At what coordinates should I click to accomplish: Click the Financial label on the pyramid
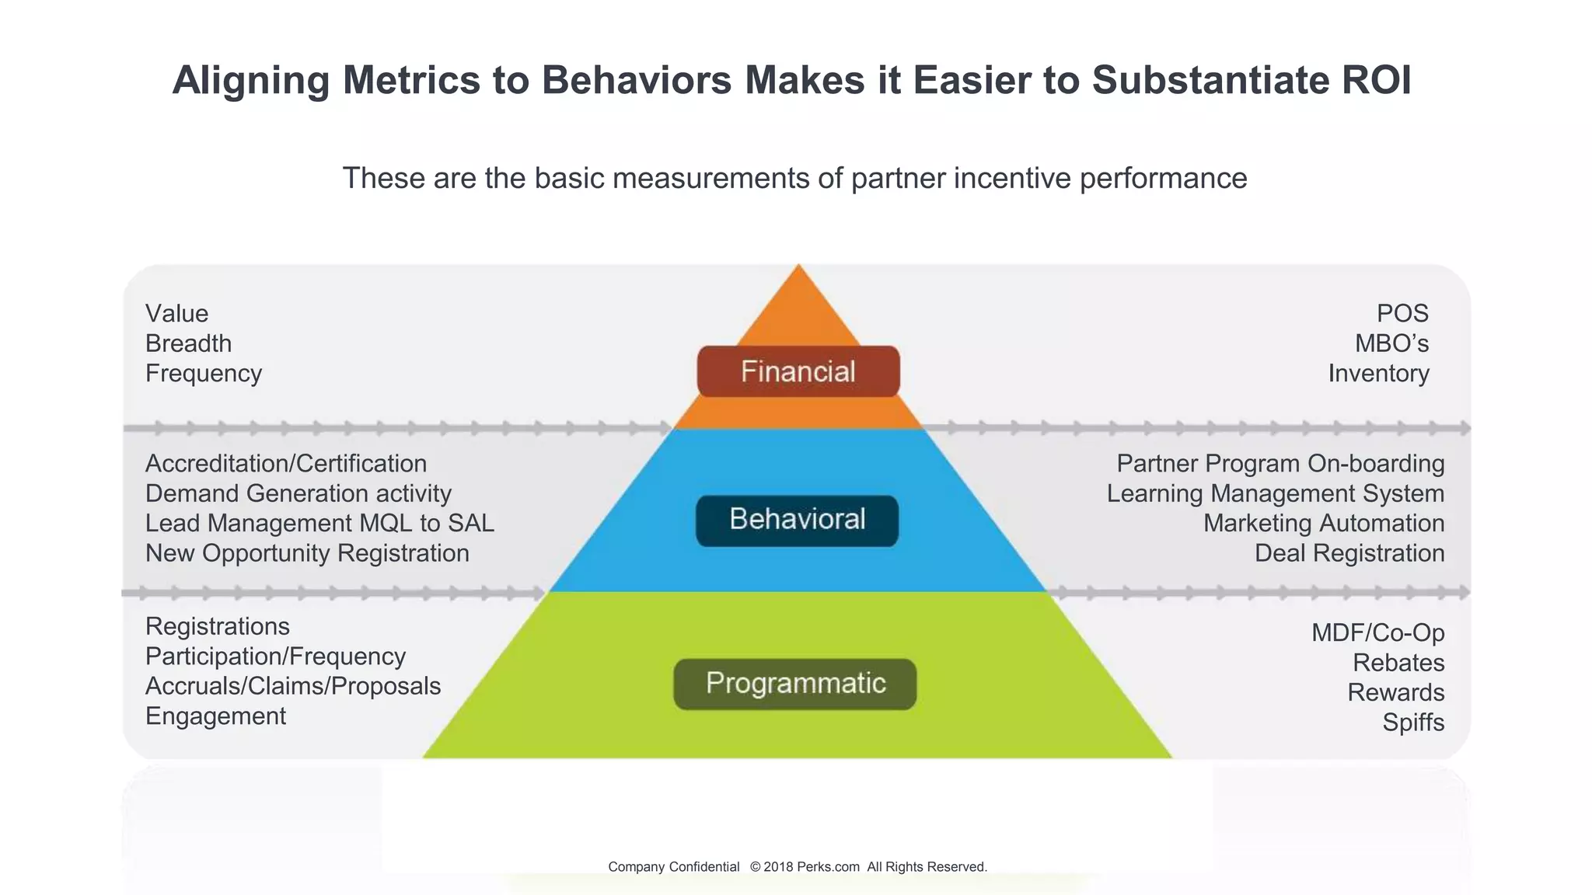[798, 371]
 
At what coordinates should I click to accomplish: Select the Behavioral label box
[797, 520]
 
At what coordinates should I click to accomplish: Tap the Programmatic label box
[794, 684]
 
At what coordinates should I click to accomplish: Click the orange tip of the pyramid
[798, 307]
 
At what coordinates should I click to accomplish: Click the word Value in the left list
[176, 313]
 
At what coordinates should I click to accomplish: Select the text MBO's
[1391, 343]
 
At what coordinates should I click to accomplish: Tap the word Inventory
[1378, 373]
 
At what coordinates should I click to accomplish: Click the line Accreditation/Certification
[285, 464]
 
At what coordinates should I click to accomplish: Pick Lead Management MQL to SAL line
[319, 523]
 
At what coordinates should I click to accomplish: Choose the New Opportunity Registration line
[307, 553]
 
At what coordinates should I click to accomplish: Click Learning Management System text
[1275, 493]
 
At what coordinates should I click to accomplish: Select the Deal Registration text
[1349, 553]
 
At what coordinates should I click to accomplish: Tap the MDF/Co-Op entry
[1377, 632]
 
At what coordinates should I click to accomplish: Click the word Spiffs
[1412, 723]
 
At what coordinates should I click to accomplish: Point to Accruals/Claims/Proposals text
[292, 686]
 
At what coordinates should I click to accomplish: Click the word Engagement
[215, 716]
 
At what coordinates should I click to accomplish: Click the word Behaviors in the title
[637, 80]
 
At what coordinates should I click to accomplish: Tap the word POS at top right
[1402, 313]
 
